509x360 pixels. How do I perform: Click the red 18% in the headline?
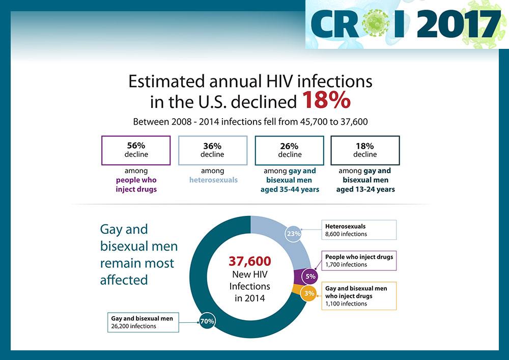[326, 100]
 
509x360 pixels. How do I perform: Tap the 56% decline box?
[136, 150]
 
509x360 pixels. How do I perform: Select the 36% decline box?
[212, 150]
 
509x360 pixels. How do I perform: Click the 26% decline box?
[289, 150]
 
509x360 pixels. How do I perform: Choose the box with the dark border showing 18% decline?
[365, 150]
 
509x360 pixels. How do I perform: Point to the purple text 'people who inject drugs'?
[136, 184]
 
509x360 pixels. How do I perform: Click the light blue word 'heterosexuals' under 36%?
[213, 180]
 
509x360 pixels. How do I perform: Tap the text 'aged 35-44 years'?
[289, 189]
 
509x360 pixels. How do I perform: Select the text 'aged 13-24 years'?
[365, 189]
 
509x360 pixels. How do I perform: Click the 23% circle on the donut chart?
[294, 234]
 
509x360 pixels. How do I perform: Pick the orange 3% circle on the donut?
[309, 294]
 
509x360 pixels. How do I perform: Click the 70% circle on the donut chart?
[207, 321]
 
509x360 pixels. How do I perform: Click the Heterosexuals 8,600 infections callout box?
[358, 230]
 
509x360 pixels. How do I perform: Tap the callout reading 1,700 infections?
[359, 261]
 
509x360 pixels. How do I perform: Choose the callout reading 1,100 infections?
[359, 296]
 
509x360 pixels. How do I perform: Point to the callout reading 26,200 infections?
[143, 322]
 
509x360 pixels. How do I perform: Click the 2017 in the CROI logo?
[459, 24]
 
